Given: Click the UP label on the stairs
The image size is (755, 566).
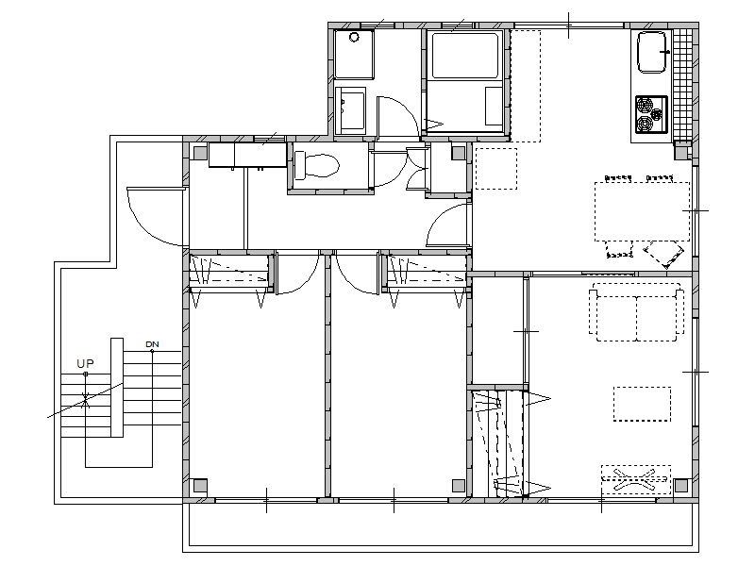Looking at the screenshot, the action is click(85, 364).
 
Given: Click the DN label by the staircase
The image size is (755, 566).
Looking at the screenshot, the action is click(152, 344).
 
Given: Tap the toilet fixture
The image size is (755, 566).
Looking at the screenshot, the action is click(316, 165).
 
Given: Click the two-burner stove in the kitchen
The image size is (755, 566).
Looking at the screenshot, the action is click(651, 114).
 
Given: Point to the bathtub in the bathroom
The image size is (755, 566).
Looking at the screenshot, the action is click(464, 56).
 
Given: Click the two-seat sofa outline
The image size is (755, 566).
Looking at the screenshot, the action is click(636, 312).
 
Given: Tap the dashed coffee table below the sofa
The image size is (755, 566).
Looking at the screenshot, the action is click(642, 405).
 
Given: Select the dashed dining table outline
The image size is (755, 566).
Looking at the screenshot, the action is click(642, 211).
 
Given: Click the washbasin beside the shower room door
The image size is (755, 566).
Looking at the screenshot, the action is click(350, 110).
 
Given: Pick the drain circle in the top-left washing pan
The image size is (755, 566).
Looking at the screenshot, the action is click(355, 37).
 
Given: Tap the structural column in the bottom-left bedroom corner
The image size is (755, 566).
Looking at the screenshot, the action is click(199, 485).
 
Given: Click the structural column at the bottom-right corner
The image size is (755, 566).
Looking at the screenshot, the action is click(680, 485).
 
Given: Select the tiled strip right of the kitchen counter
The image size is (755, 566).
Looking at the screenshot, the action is click(681, 85).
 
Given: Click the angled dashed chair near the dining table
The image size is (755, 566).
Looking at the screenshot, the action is click(664, 254).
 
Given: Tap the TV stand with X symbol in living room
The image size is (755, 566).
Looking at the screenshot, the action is click(636, 480).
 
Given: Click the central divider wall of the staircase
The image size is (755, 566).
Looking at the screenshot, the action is click(117, 388).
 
